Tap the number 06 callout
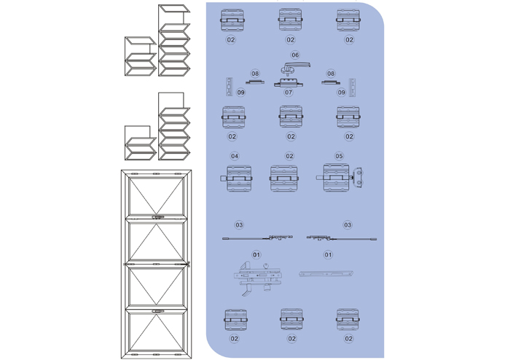tap(295, 55)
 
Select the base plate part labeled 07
tap(289, 84)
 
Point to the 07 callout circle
tap(289, 93)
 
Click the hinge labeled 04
tap(237, 179)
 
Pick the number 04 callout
tap(235, 156)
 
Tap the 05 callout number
tap(339, 156)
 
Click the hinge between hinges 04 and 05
tap(284, 179)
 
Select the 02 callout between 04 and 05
tap(289, 156)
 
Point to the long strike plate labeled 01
tap(326, 274)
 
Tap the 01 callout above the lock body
tap(256, 254)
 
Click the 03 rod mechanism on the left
tap(257, 238)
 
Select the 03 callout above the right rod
tap(348, 224)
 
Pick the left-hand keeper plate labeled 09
tap(229, 87)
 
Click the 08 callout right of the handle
tap(331, 74)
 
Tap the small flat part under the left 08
tap(255, 82)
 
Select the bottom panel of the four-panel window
tap(156, 331)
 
